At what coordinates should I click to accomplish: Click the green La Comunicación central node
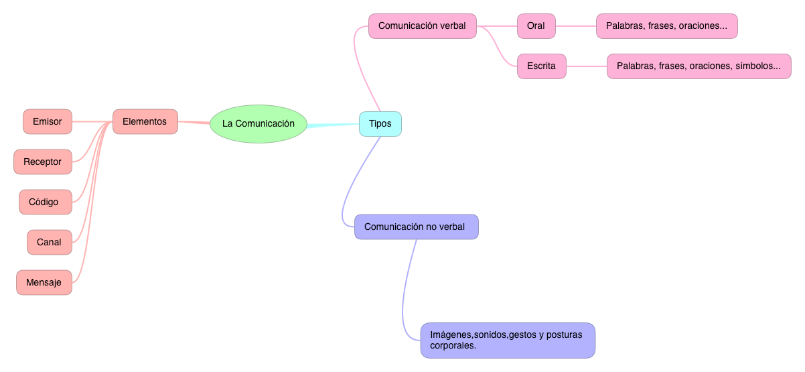tap(258, 124)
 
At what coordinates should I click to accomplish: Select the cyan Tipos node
tap(380, 124)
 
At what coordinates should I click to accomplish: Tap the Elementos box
tap(145, 122)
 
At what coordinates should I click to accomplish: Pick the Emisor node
tap(48, 122)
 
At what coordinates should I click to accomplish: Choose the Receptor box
tap(43, 162)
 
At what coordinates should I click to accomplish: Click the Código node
tap(46, 202)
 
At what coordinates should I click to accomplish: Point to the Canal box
tap(50, 243)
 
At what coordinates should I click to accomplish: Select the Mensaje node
tap(44, 283)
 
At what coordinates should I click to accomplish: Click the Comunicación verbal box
tap(422, 26)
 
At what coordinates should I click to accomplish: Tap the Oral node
tap(536, 26)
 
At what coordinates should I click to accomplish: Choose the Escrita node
tap(541, 66)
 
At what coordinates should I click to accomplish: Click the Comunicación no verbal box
tap(416, 227)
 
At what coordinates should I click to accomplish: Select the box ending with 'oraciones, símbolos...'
tap(699, 66)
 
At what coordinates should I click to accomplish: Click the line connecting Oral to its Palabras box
tap(575, 26)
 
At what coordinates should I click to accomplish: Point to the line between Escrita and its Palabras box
tap(586, 66)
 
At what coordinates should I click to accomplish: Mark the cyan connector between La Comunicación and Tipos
tap(333, 125)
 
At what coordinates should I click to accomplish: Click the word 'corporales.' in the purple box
tap(453, 346)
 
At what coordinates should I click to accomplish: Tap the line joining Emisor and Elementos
tap(92, 122)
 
